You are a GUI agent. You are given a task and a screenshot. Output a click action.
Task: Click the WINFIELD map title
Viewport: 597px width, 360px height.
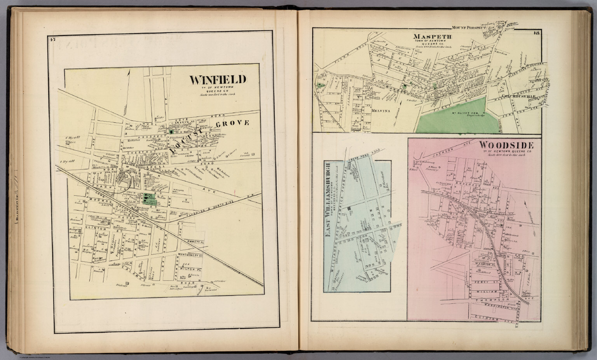tap(218, 80)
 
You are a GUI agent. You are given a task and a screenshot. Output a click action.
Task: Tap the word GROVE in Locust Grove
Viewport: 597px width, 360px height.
tap(232, 123)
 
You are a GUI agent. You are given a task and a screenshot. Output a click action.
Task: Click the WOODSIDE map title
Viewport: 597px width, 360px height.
tap(506, 145)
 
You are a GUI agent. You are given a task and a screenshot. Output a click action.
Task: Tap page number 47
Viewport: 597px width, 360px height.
tap(52, 38)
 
